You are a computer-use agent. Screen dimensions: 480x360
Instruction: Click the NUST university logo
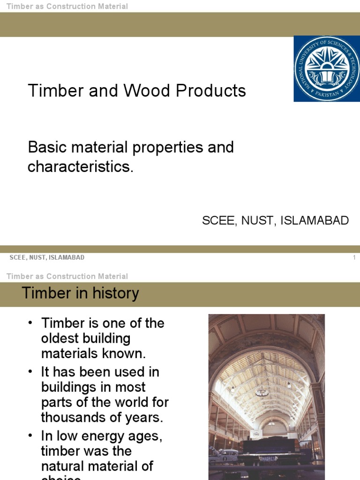click(x=327, y=68)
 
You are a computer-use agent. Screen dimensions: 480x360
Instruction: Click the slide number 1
click(x=354, y=258)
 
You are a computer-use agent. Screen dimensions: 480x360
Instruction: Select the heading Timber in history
click(x=81, y=293)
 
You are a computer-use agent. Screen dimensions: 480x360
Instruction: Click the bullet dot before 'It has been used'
click(x=31, y=371)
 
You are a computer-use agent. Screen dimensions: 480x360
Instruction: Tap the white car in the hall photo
click(x=227, y=455)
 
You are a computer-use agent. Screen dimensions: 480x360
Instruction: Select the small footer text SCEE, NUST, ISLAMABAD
click(x=47, y=258)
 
